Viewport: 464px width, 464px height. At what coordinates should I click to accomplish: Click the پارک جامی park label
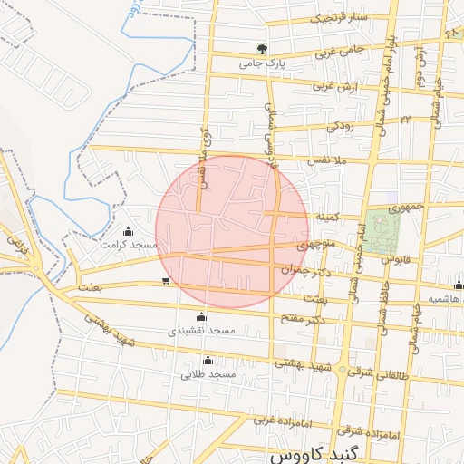coord(263,64)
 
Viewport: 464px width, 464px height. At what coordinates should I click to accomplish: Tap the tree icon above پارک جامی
coord(263,49)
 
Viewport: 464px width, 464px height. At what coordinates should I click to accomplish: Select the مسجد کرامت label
coord(129,245)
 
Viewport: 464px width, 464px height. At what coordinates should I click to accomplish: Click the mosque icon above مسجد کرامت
coord(127,231)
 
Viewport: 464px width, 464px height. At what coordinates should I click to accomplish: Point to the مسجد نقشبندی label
coord(201,332)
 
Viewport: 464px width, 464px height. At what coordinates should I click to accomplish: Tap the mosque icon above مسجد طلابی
coord(208,360)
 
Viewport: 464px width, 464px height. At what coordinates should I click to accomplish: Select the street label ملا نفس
coord(328,160)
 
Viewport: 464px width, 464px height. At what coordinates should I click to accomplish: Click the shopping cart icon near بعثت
coord(165,281)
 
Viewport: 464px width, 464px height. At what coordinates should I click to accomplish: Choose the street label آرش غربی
coord(337,86)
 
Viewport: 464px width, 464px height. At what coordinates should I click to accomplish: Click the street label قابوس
coord(396,259)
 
